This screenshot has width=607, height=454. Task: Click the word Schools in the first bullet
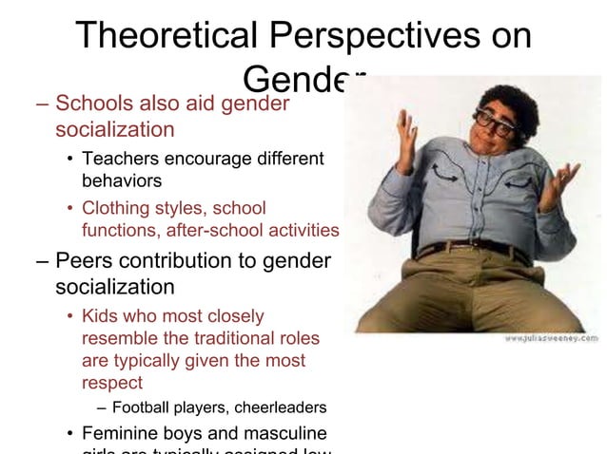[95, 103]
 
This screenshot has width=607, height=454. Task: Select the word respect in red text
[111, 383]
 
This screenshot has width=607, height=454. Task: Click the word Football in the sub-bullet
[142, 408]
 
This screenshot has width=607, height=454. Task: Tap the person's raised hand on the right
[563, 180]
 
